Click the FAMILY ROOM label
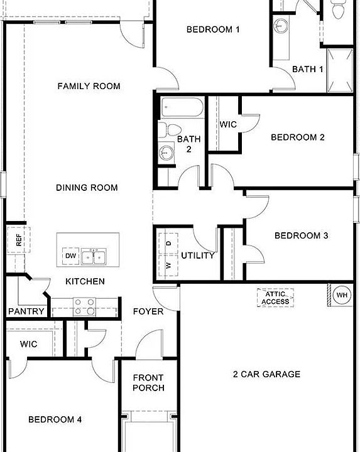click(x=89, y=86)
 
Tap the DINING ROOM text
click(x=87, y=188)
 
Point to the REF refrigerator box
click(x=18, y=239)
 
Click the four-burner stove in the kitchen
click(x=84, y=306)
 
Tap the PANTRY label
click(x=26, y=311)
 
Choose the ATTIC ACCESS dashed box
click(x=276, y=298)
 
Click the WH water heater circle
click(x=342, y=295)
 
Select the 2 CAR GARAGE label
click(x=266, y=374)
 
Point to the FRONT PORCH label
click(x=148, y=383)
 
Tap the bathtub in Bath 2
click(x=182, y=108)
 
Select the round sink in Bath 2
click(x=166, y=151)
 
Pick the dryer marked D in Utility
click(x=168, y=242)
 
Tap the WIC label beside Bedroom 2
click(x=228, y=124)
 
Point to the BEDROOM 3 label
click(x=302, y=236)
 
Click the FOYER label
click(x=148, y=311)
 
